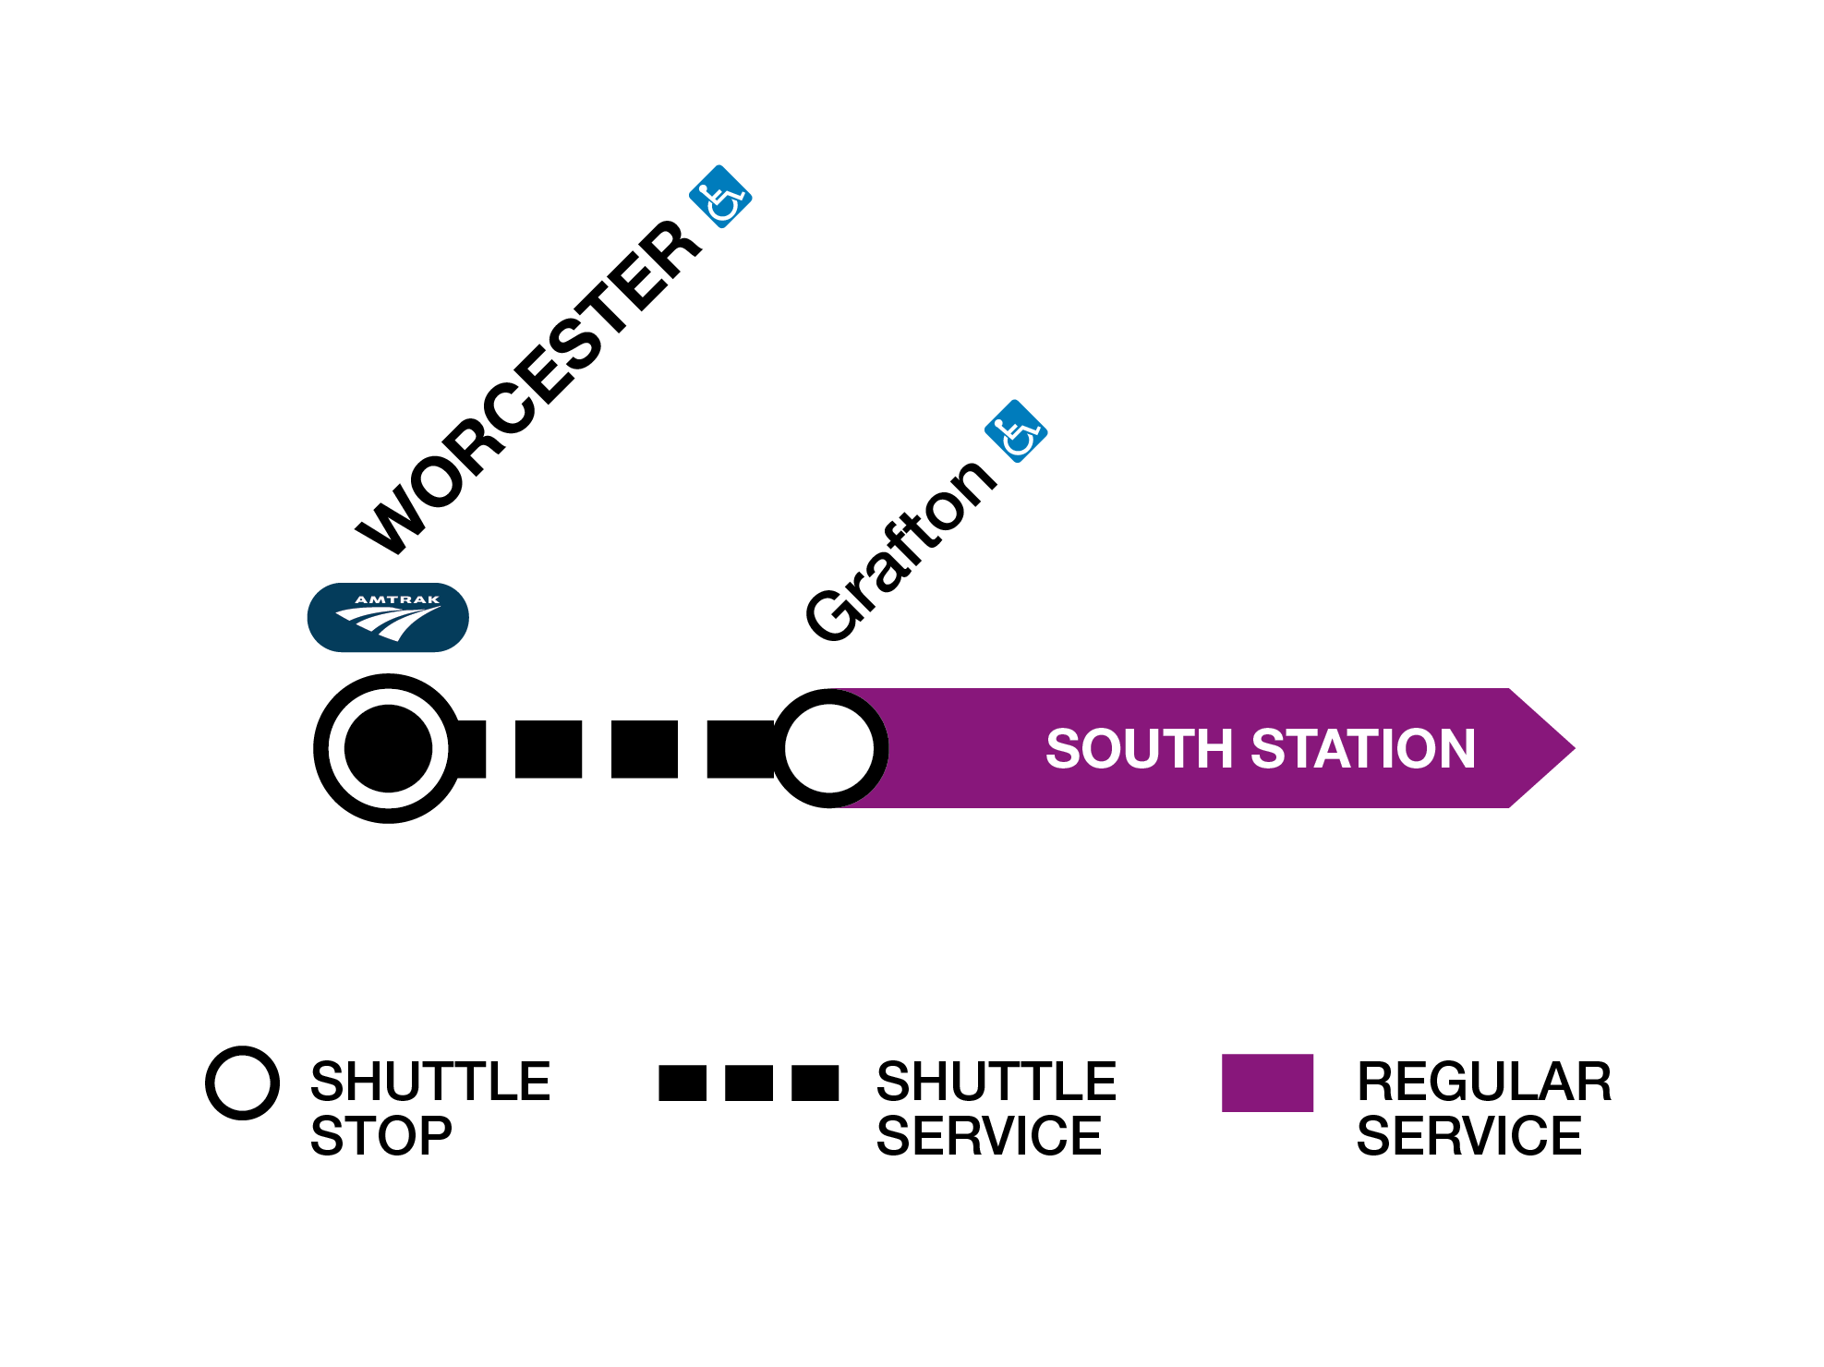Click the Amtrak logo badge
(x=388, y=617)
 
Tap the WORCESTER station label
(x=529, y=388)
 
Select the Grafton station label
(x=900, y=550)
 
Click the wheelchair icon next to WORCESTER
(x=720, y=197)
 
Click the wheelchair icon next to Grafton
(x=1016, y=431)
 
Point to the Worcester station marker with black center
(x=388, y=748)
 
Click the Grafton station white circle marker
(x=829, y=748)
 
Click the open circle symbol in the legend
(x=242, y=1083)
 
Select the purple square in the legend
(x=1267, y=1083)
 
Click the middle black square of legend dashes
(x=749, y=1083)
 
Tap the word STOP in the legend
(x=381, y=1136)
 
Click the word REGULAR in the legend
(x=1484, y=1082)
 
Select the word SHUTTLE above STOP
(x=430, y=1082)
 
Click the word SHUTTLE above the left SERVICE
(x=997, y=1082)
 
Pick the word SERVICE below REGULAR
(x=1469, y=1136)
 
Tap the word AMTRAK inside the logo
(x=398, y=600)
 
